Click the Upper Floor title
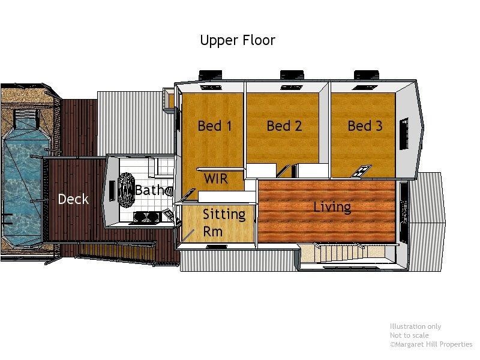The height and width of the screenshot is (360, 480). pyautogui.click(x=238, y=40)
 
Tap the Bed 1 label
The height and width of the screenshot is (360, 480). pyautogui.click(x=215, y=126)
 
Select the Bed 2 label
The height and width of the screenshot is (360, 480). pyautogui.click(x=284, y=126)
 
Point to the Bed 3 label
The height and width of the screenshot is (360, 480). pyautogui.click(x=365, y=126)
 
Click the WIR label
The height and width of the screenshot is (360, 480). pyautogui.click(x=216, y=178)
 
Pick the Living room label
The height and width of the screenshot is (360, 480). pyautogui.click(x=332, y=208)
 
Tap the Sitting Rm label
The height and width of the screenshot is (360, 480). pyautogui.click(x=224, y=223)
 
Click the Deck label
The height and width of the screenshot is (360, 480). pyautogui.click(x=73, y=199)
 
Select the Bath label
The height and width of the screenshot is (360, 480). pyautogui.click(x=149, y=190)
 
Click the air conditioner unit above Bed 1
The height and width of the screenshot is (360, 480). pyautogui.click(x=211, y=75)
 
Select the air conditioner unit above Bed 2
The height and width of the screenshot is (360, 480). pyautogui.click(x=292, y=75)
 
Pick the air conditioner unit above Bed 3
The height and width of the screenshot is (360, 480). pyautogui.click(x=367, y=75)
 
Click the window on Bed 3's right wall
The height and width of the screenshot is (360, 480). pyautogui.click(x=404, y=134)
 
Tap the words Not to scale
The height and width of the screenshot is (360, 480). pyautogui.click(x=409, y=335)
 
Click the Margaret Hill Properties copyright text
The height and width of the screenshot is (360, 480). pyautogui.click(x=431, y=344)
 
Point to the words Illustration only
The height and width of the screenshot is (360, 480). pyautogui.click(x=415, y=326)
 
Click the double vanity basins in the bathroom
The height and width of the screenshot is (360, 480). pyautogui.click(x=146, y=217)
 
